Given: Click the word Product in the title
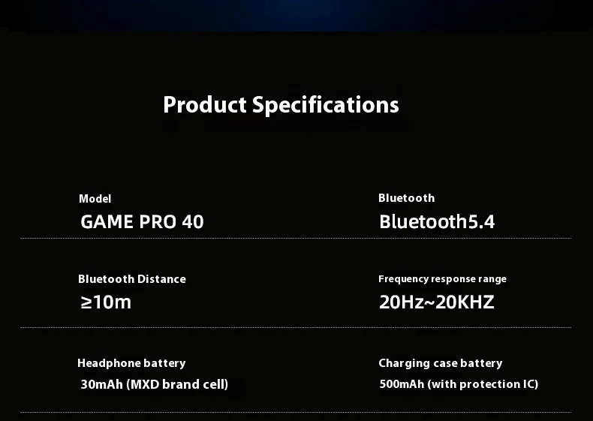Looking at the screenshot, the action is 205,105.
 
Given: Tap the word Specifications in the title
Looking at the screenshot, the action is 326,106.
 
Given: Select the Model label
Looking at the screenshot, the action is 95,199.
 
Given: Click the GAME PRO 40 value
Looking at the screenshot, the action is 142,221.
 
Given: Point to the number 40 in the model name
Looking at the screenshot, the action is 193,221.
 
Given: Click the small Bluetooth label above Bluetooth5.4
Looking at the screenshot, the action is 407,198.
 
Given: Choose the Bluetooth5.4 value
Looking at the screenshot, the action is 437,221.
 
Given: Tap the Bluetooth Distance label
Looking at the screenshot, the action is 132,279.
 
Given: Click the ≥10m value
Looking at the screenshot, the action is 106,302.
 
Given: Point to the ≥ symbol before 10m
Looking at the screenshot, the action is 86,302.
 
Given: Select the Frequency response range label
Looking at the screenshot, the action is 442,279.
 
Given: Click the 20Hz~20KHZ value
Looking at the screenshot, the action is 437,302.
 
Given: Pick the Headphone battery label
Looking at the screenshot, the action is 131,363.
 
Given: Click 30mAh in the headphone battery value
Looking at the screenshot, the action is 102,384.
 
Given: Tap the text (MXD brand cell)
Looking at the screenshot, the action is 177,384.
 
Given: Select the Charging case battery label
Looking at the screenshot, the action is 441,363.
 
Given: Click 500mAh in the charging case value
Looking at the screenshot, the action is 402,384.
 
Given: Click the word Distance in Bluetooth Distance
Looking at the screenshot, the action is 161,279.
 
